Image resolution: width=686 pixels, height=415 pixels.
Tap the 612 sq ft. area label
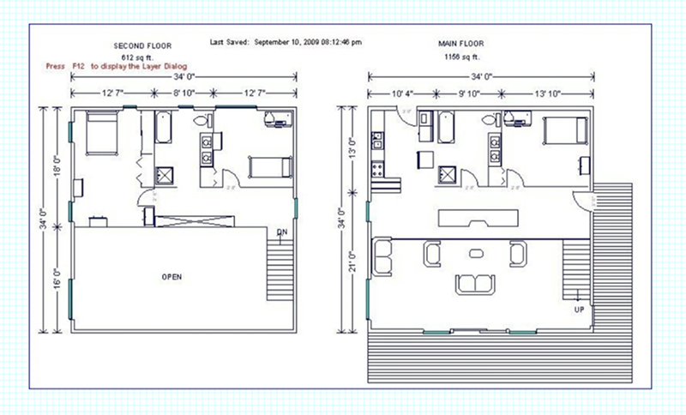[139, 56]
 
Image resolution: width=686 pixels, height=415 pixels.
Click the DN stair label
[282, 232]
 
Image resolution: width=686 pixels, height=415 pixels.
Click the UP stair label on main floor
[579, 310]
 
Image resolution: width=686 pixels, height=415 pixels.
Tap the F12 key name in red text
[79, 66]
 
